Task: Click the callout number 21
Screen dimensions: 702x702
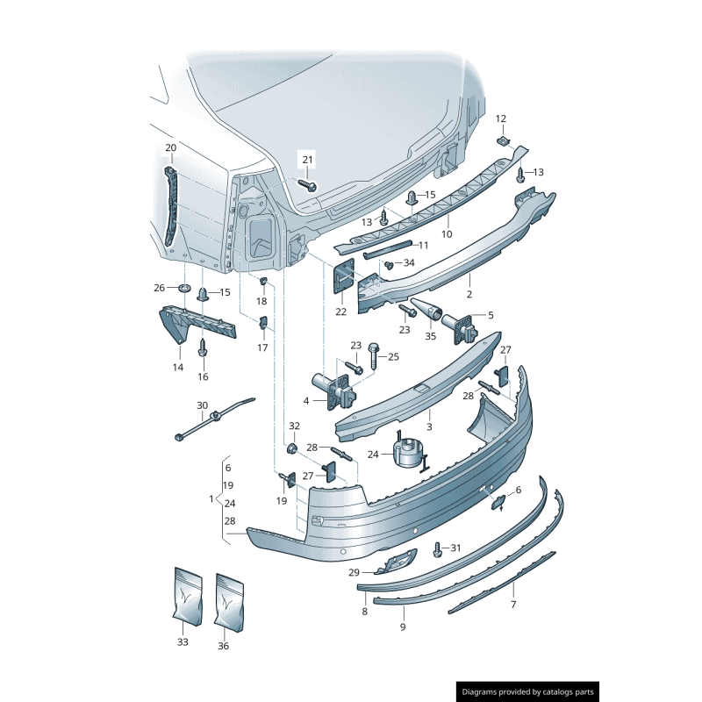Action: (308, 160)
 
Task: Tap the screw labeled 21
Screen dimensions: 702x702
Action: (308, 184)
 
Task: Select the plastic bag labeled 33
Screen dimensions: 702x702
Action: (188, 597)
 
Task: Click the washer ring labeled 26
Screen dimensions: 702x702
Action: (184, 288)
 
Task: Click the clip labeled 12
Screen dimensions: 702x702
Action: (504, 141)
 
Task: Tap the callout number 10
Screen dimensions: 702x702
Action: (447, 234)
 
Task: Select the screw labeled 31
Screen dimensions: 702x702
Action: (438, 549)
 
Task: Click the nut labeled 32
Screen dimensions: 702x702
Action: (292, 448)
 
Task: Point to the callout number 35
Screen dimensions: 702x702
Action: (430, 336)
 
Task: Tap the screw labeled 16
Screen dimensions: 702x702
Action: (203, 347)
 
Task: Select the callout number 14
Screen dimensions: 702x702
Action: (178, 368)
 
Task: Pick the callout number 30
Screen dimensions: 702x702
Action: (203, 405)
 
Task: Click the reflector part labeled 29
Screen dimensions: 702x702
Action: (397, 562)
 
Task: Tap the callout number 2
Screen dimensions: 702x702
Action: (469, 295)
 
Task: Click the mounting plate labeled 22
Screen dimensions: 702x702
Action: (344, 276)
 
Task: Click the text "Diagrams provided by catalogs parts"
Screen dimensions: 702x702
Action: (527, 692)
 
